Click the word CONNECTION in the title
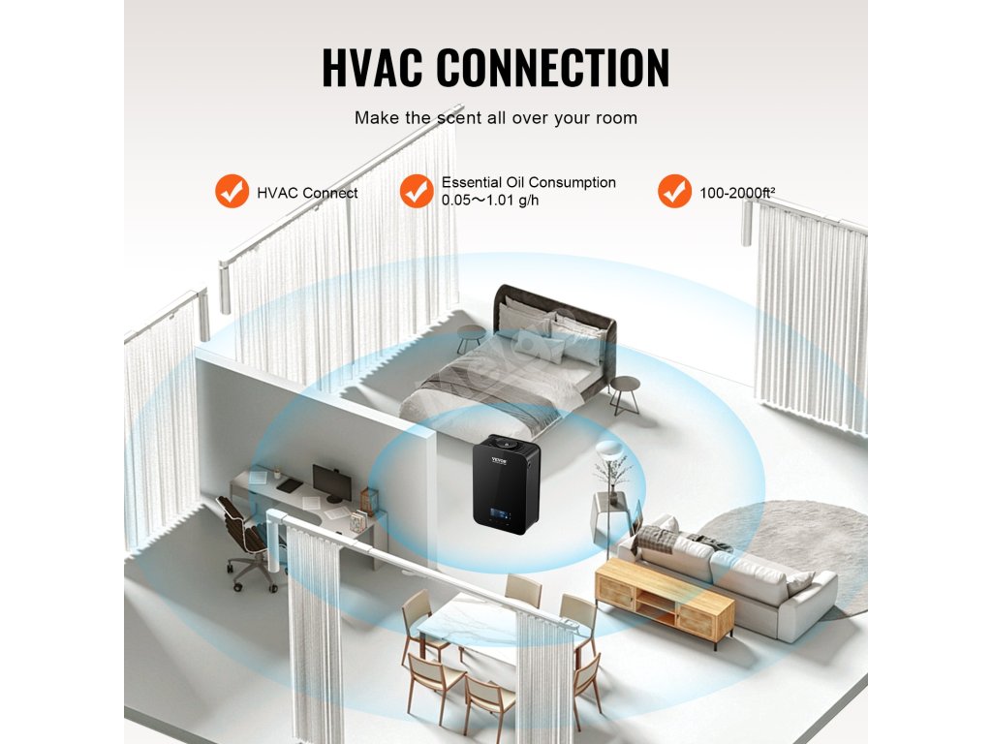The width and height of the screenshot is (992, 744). coord(552,67)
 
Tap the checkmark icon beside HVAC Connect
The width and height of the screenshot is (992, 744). coord(232,192)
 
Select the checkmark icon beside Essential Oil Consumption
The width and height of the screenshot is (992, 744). coord(417,192)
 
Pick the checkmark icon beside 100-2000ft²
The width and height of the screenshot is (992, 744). coord(674,192)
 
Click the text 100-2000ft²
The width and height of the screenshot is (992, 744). coord(737,193)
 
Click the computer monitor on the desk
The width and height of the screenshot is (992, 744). coord(332,480)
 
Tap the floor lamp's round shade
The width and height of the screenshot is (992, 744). coord(609,448)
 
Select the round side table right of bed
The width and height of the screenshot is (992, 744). coord(625,385)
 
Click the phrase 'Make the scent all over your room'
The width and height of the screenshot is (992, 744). coord(495,118)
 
